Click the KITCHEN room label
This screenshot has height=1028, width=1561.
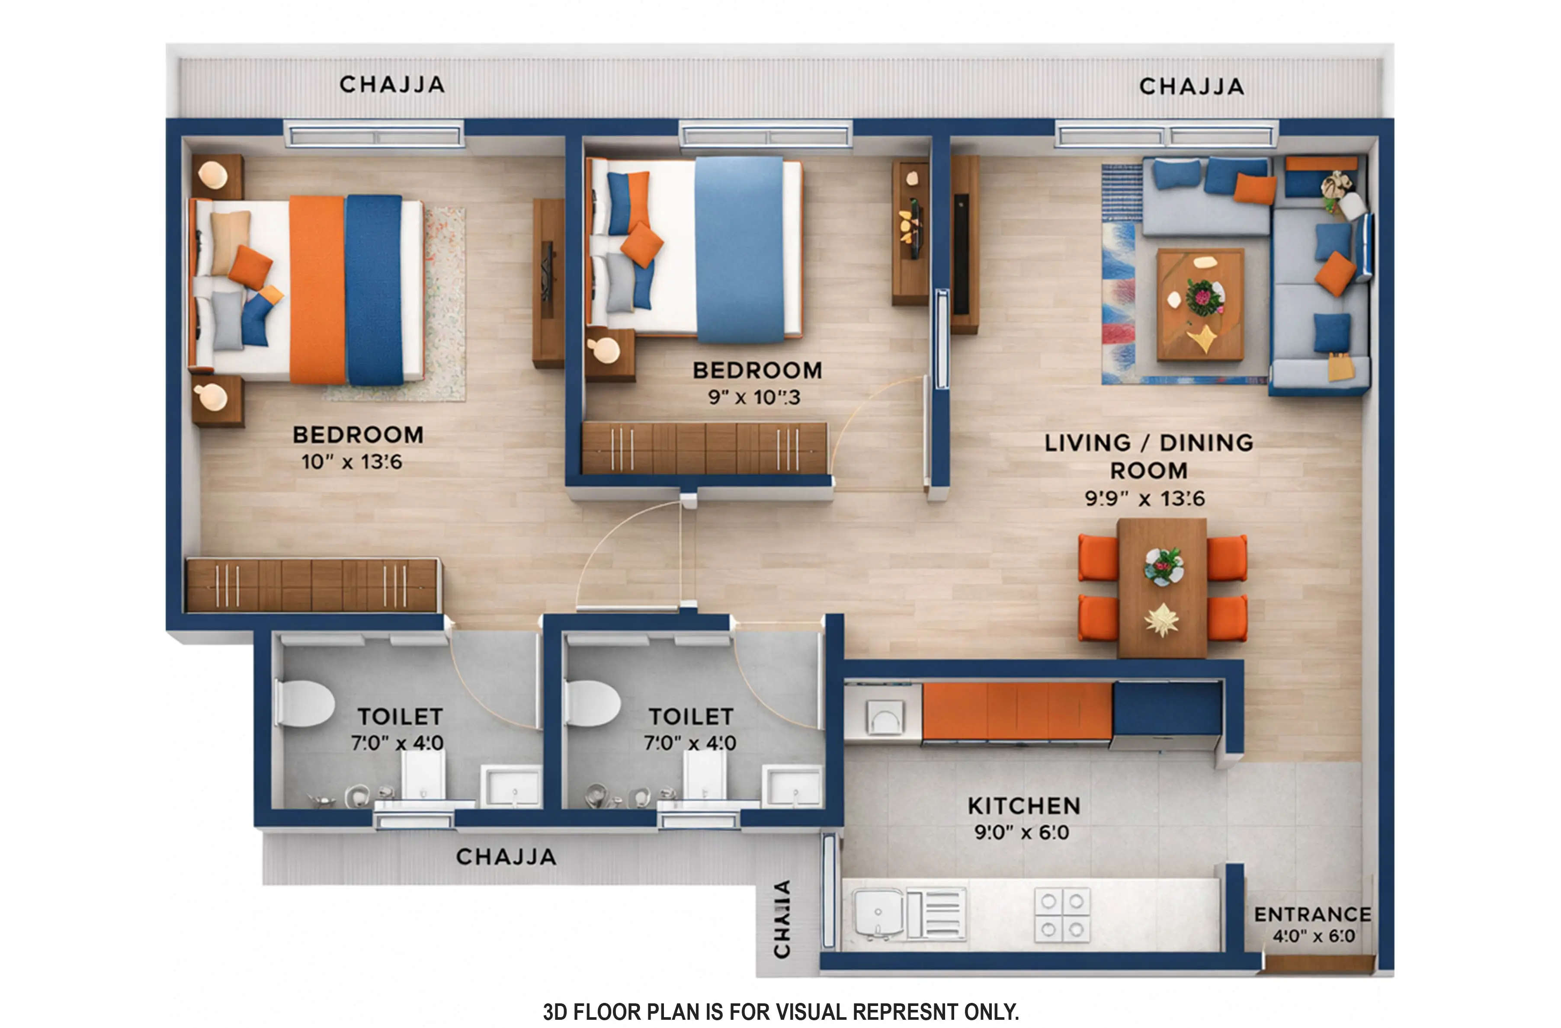[x=1023, y=806]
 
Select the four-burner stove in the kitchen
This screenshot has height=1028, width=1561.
[x=1062, y=915]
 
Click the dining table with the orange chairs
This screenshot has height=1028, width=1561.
[x=1162, y=587]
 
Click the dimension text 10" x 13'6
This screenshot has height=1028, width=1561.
[x=352, y=462]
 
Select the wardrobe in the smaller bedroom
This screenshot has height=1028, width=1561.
[x=705, y=448]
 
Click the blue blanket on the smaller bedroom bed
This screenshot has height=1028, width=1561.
[x=739, y=249]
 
